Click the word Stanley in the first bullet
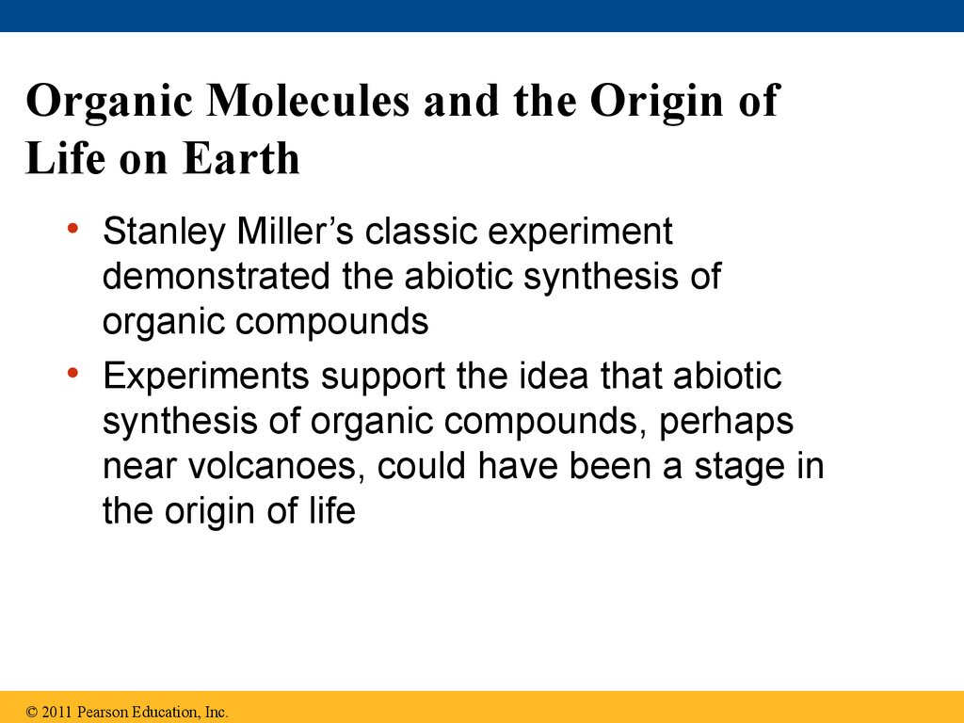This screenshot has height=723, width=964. (164, 233)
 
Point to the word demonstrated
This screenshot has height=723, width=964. (217, 276)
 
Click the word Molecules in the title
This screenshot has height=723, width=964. (308, 100)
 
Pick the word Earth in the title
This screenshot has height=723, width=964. (240, 158)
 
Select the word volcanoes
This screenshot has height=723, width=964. (272, 465)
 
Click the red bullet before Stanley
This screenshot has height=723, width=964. (73, 229)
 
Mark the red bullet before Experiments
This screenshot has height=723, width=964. (73, 373)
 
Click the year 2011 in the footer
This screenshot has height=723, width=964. (56, 712)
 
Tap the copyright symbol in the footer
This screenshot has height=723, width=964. (32, 712)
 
